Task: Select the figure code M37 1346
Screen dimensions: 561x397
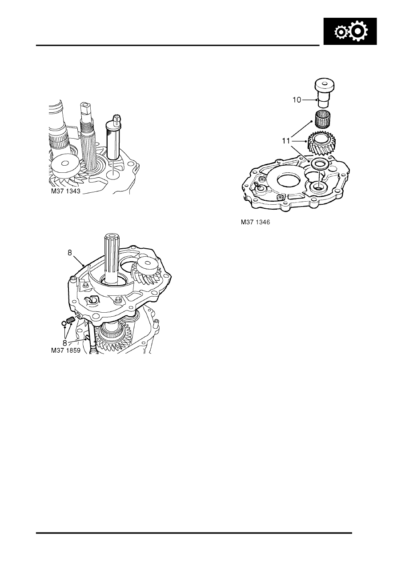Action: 253,223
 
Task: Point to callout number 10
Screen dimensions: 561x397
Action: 297,100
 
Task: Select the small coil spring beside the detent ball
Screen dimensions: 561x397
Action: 70,320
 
